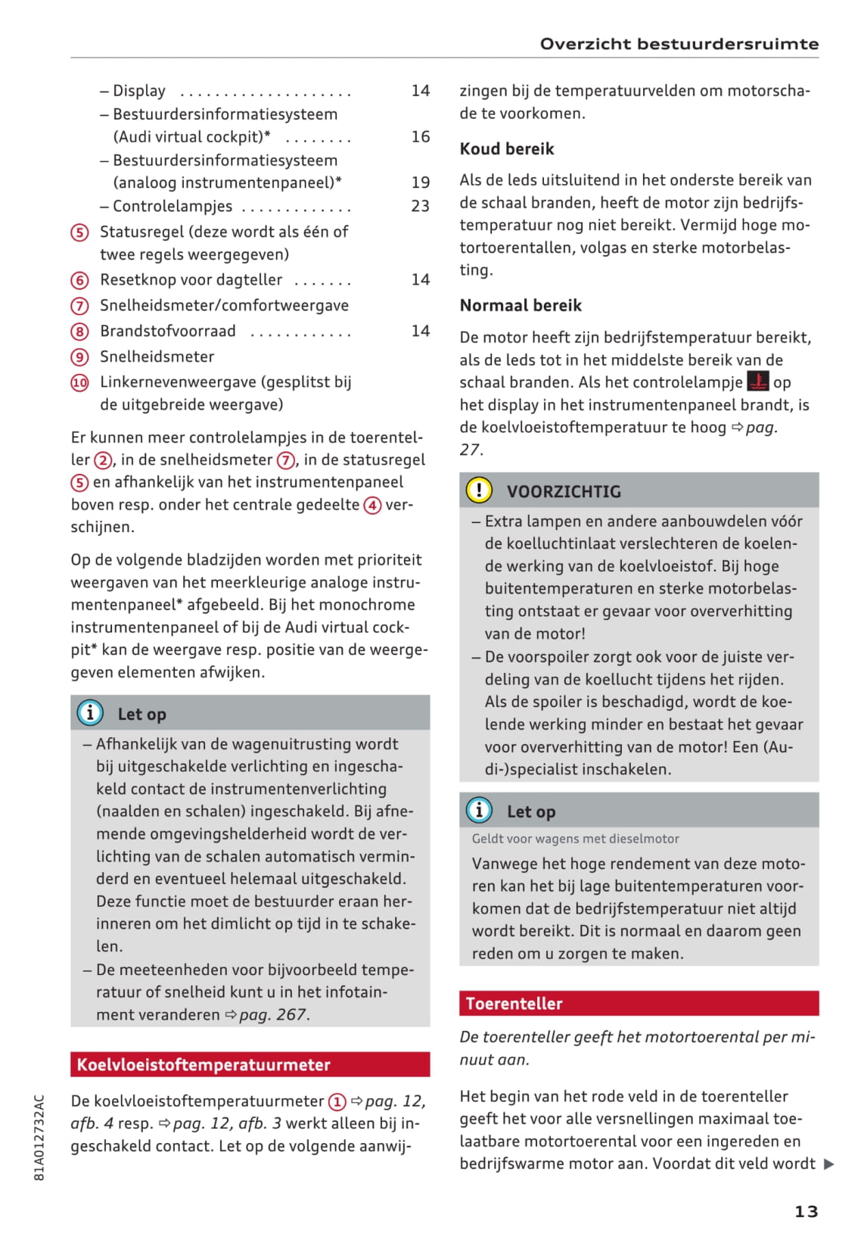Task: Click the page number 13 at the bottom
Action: [x=806, y=1211]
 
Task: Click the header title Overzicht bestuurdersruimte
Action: [x=679, y=44]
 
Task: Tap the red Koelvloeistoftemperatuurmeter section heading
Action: [x=250, y=1064]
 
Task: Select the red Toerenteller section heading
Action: [x=639, y=1003]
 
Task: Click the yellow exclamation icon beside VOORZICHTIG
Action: [x=479, y=491]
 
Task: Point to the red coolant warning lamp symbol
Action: [x=757, y=381]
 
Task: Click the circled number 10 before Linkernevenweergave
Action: [x=79, y=382]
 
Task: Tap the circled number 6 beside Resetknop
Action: [x=79, y=280]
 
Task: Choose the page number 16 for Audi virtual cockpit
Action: [x=420, y=137]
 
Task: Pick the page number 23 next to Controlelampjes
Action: [x=420, y=206]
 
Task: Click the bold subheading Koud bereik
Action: [x=507, y=149]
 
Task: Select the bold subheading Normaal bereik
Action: [x=521, y=306]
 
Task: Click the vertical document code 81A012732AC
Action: [x=39, y=1137]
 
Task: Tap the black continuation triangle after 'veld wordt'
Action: [x=829, y=1164]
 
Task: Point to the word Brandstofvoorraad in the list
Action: [x=167, y=332]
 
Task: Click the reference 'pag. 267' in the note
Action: [x=273, y=1014]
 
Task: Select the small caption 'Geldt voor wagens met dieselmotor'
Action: [x=575, y=839]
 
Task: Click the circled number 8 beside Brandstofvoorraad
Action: [x=79, y=332]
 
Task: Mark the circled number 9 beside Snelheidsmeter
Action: [x=79, y=357]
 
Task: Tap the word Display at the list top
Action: [x=139, y=92]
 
